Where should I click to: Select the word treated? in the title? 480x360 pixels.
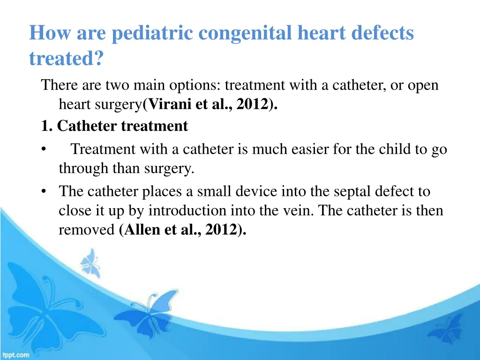(x=67, y=59)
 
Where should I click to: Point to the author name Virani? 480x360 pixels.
(x=170, y=105)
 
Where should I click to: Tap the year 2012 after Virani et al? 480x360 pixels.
(x=252, y=105)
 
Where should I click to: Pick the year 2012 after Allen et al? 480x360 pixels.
(x=220, y=230)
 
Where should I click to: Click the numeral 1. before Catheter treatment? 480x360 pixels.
(x=47, y=126)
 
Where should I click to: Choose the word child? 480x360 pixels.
(x=378, y=150)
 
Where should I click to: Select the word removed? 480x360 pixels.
(x=87, y=230)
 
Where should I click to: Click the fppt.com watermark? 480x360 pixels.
(x=15, y=355)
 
